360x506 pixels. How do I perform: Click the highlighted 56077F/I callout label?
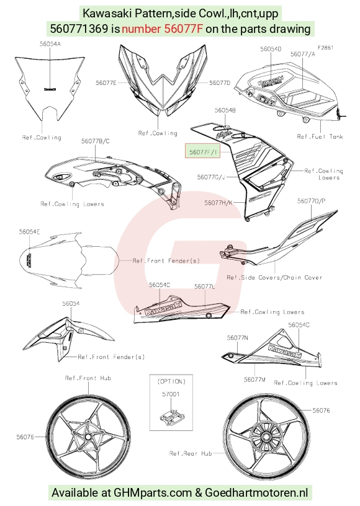pyautogui.click(x=203, y=152)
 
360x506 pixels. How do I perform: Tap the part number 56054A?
pyautogui.click(x=50, y=44)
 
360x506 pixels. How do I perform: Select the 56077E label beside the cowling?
pyautogui.click(x=106, y=83)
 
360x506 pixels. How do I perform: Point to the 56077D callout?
pyautogui.click(x=220, y=83)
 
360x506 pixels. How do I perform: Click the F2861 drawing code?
pyautogui.click(x=325, y=48)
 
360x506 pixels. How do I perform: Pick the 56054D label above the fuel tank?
pyautogui.click(x=271, y=49)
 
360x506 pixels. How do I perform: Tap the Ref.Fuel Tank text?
pyautogui.click(x=320, y=136)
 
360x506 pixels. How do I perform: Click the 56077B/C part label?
pyautogui.click(x=95, y=141)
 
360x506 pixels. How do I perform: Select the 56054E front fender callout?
pyautogui.click(x=29, y=232)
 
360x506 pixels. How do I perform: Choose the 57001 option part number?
pyautogui.click(x=171, y=394)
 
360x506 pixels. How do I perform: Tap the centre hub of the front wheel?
pyautogui.click(x=88, y=437)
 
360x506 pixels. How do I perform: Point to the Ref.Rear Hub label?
pyautogui.click(x=191, y=453)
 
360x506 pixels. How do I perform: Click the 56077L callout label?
pyautogui.click(x=205, y=286)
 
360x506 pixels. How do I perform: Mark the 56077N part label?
pyautogui.click(x=237, y=337)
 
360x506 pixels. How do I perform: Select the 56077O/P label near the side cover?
pyautogui.click(x=311, y=201)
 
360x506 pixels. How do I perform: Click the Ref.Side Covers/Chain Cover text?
pyautogui.click(x=274, y=277)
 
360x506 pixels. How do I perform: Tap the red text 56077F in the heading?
pyautogui.click(x=184, y=29)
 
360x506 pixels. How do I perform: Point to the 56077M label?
pyautogui.click(x=254, y=379)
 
